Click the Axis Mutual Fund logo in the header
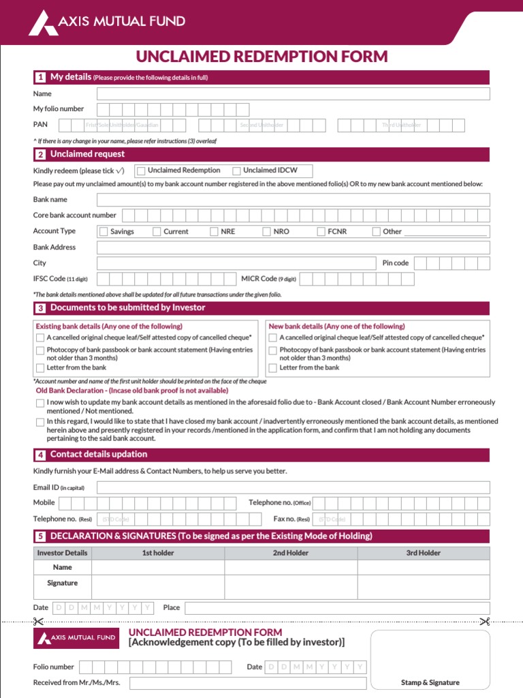click(106, 22)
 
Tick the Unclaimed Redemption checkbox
click(141, 170)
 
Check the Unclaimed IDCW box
click(237, 170)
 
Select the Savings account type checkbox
click(104, 232)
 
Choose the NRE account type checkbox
click(214, 232)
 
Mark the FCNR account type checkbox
click(321, 232)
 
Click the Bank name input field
click(293, 200)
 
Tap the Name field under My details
click(293, 94)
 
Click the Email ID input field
click(293, 487)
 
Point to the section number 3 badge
click(41, 308)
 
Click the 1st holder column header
click(158, 553)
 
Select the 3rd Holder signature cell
click(423, 587)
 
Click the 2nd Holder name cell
click(291, 567)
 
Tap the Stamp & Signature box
click(430, 660)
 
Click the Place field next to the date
click(336, 608)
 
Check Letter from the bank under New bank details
click(273, 368)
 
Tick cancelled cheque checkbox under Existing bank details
click(40, 337)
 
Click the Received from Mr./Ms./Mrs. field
click(248, 683)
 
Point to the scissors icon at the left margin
click(37, 622)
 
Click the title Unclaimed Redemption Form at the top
click(261, 57)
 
